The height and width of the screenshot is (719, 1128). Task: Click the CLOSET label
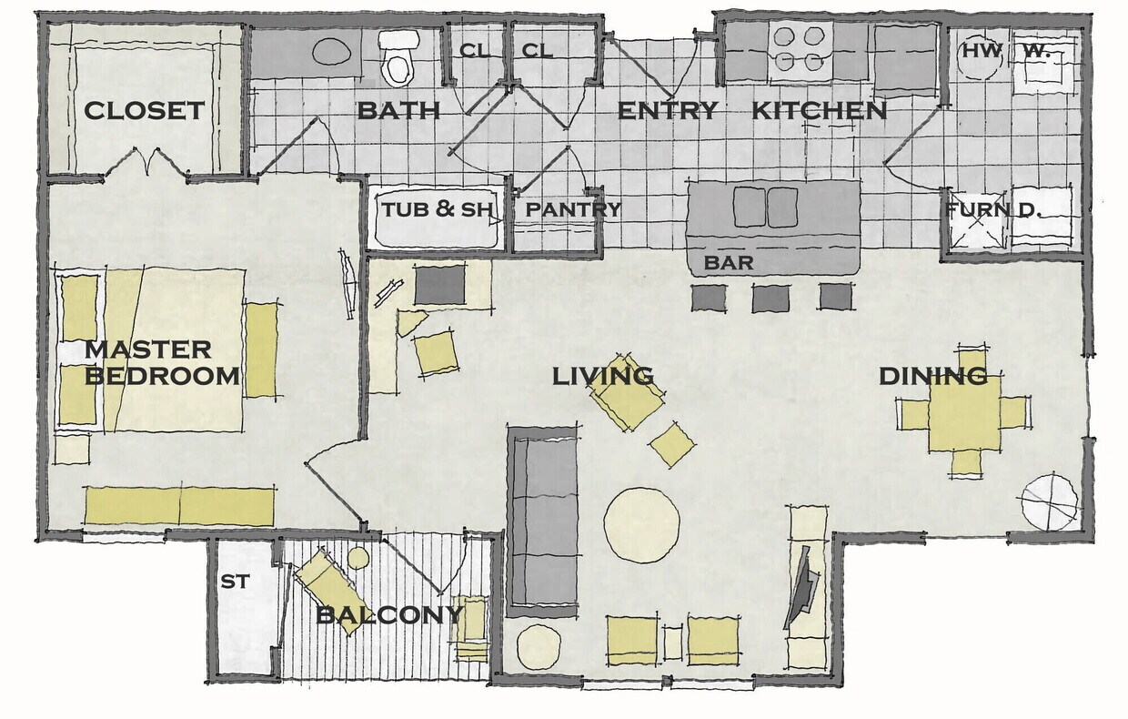click(x=144, y=111)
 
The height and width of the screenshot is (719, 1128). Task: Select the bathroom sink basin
click(x=329, y=51)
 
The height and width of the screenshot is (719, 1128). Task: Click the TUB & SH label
click(x=436, y=209)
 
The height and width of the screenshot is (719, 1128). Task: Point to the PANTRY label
click(x=573, y=209)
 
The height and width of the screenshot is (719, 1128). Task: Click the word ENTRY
click(x=668, y=111)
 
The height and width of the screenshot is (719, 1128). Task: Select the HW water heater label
click(x=982, y=52)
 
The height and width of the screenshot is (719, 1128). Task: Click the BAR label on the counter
click(x=729, y=263)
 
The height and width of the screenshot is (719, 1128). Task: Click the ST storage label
click(x=235, y=581)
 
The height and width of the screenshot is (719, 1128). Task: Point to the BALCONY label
click(x=388, y=615)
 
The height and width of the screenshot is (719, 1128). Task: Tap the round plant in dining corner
click(x=1049, y=501)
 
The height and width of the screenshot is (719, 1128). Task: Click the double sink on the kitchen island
click(x=766, y=208)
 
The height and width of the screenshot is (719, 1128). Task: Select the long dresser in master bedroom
click(x=179, y=506)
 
